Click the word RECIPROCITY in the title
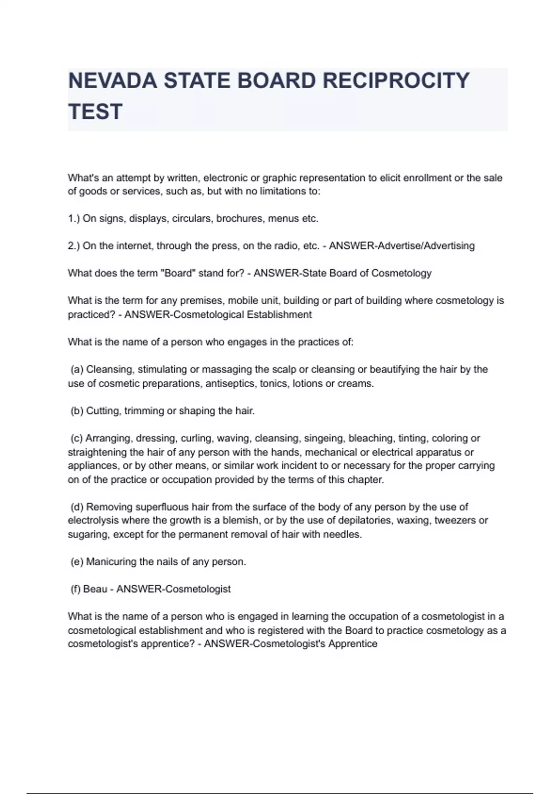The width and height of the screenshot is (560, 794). click(x=396, y=81)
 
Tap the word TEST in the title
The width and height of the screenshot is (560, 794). click(x=95, y=112)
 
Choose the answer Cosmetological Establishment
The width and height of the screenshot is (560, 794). click(x=242, y=314)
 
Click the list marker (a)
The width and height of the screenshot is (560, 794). click(x=77, y=369)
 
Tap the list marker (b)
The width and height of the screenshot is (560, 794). click(x=77, y=411)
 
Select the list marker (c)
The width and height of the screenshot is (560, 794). click(x=77, y=438)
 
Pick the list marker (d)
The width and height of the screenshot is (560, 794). click(x=77, y=507)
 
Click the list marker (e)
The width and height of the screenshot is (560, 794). click(x=77, y=561)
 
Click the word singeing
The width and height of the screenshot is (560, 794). click(x=324, y=438)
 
